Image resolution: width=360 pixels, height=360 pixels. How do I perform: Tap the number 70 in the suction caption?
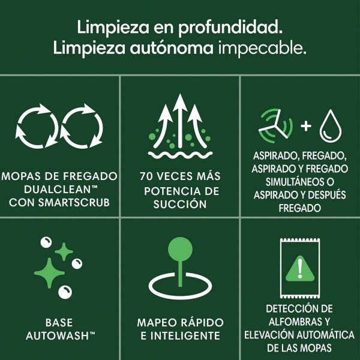(x=146, y=177)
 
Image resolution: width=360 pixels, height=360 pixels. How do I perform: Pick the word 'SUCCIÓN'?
(x=179, y=204)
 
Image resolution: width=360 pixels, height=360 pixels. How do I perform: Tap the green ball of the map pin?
(x=179, y=247)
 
